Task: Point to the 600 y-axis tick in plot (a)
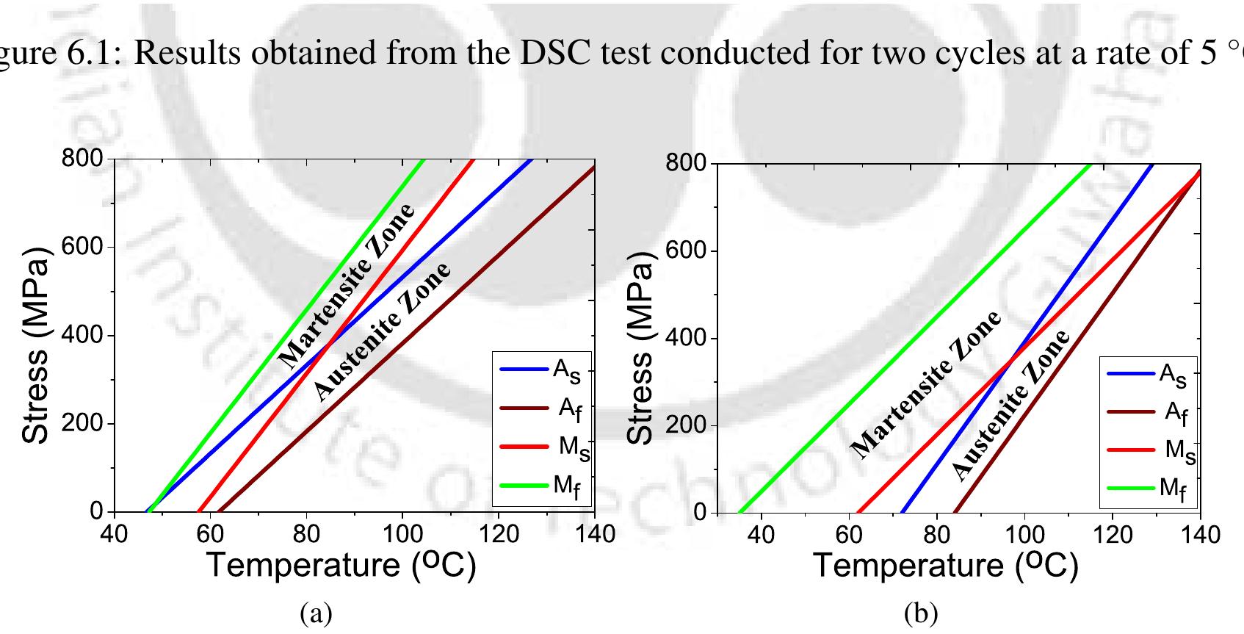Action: [87, 247]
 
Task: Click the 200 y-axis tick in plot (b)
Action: [681, 425]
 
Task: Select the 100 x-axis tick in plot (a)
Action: [402, 534]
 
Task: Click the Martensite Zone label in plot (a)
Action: [346, 286]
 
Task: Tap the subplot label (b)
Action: [922, 612]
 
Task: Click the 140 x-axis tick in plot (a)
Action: [593, 534]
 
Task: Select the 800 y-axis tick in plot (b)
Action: [681, 164]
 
